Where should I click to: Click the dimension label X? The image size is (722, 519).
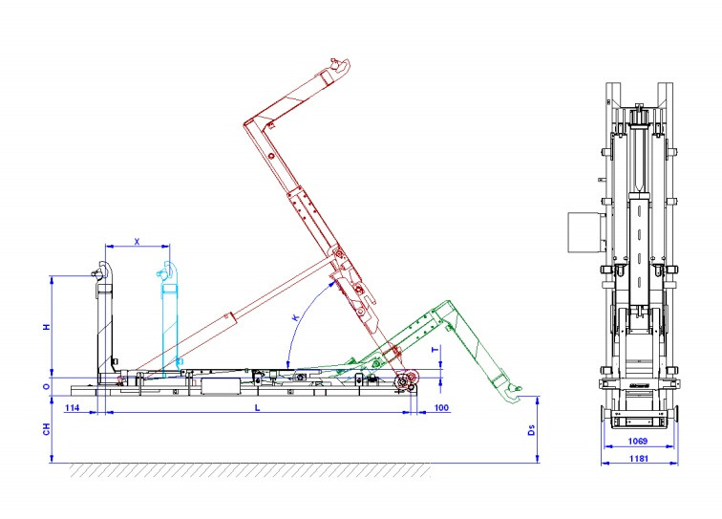[137, 242]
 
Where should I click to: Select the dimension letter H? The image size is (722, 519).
[47, 327]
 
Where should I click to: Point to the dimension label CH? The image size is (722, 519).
[47, 429]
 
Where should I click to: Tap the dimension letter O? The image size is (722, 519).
[47, 387]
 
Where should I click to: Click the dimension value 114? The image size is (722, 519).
[73, 407]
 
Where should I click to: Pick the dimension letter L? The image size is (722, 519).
[258, 407]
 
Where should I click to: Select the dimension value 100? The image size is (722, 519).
[441, 407]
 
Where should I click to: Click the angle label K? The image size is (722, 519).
[296, 317]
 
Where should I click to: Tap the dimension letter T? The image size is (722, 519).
[435, 350]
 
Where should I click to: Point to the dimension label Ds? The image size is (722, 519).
[531, 430]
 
